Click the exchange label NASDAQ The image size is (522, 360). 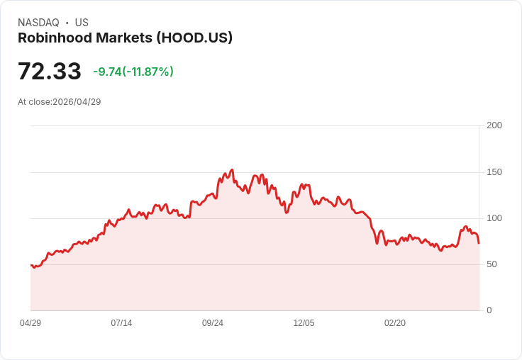[38, 23]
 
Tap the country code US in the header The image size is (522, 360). [82, 23]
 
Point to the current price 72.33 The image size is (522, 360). [50, 72]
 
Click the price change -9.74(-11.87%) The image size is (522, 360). [133, 72]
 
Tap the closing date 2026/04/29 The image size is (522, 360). [77, 102]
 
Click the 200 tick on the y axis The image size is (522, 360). [494, 125]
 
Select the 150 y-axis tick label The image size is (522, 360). [494, 172]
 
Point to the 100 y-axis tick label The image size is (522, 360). [494, 218]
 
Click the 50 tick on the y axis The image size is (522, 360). [492, 264]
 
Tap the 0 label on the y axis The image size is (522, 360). [489, 310]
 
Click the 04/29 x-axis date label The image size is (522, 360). [30, 323]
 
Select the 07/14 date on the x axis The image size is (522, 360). [121, 323]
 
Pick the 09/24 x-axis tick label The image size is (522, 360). [213, 323]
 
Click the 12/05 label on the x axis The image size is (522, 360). [304, 323]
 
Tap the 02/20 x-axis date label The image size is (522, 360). [395, 323]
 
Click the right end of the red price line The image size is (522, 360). [479, 243]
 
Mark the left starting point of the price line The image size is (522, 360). [31, 265]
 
